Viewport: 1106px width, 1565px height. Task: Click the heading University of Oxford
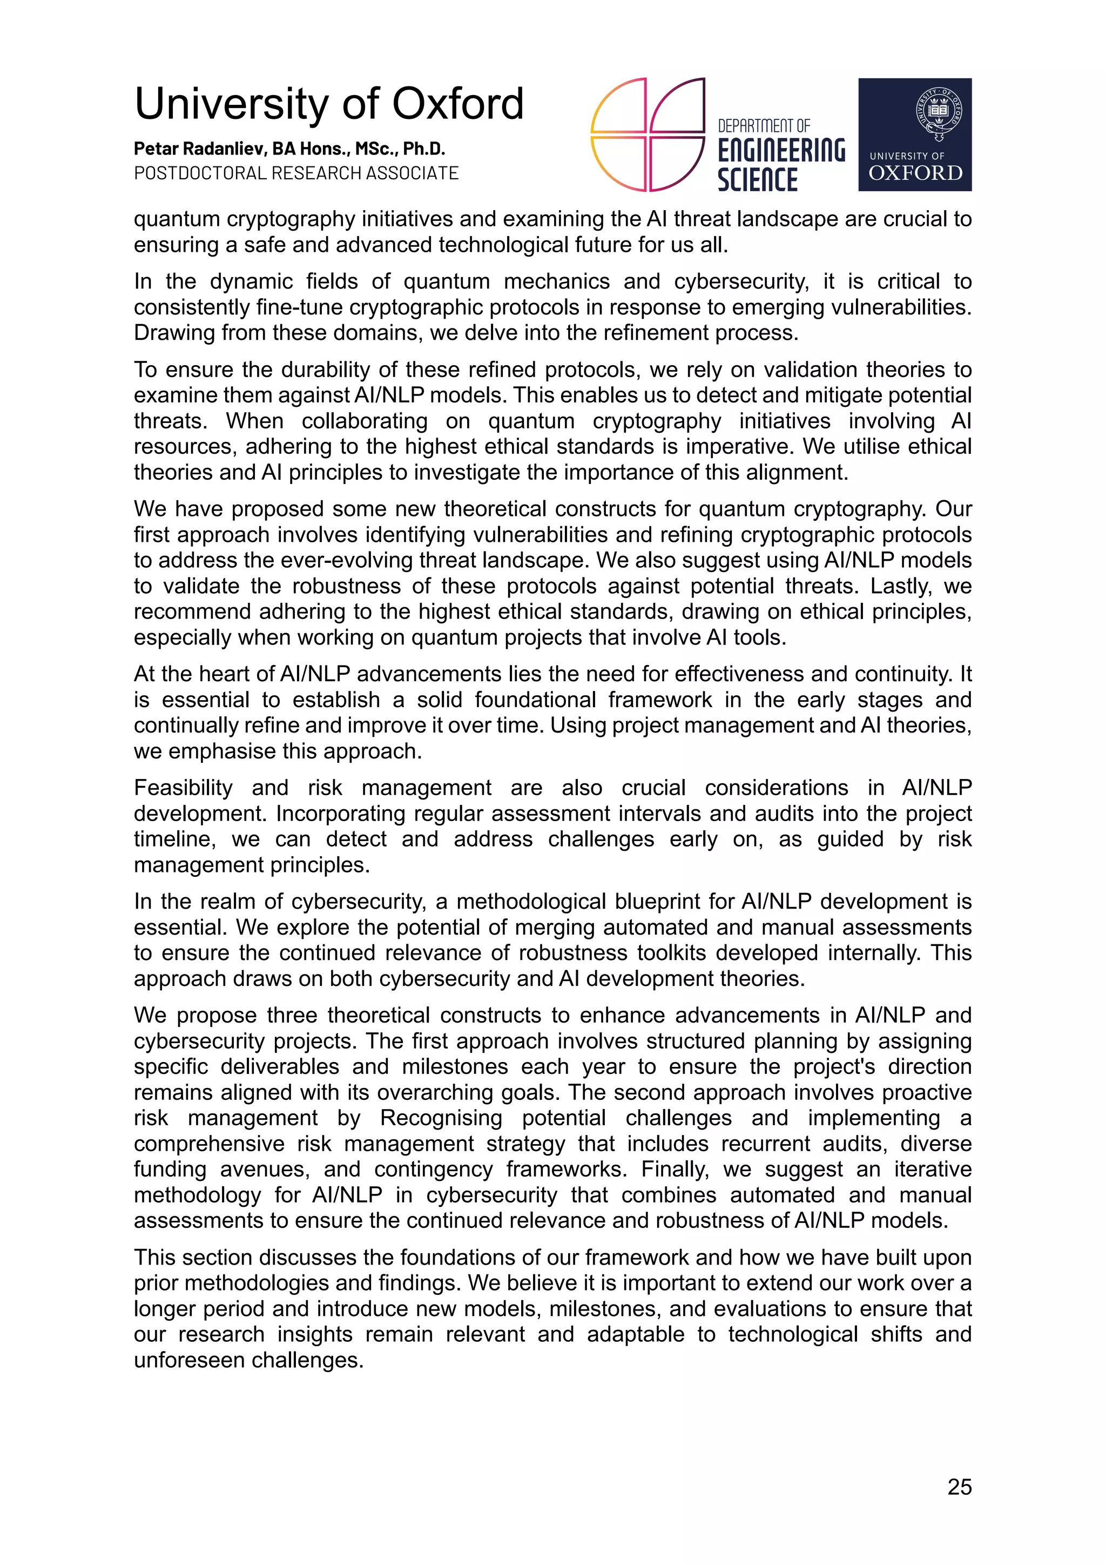(328, 104)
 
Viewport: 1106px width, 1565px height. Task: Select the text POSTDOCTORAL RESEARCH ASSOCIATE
(296, 173)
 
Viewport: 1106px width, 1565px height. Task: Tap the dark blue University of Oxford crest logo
(914, 135)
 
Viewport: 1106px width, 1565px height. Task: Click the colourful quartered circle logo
(647, 135)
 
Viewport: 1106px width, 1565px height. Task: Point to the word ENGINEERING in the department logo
(781, 151)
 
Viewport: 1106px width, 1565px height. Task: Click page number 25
(959, 1487)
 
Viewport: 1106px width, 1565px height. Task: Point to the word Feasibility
(183, 788)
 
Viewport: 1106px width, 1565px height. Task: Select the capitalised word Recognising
(441, 1118)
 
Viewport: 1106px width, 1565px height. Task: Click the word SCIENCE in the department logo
(757, 180)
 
